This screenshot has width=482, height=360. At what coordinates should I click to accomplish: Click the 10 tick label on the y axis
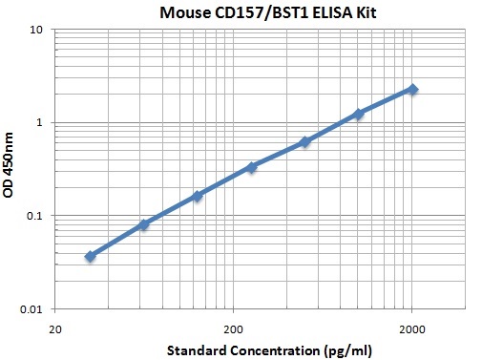click(x=37, y=30)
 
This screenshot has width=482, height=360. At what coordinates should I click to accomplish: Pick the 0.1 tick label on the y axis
click(x=34, y=216)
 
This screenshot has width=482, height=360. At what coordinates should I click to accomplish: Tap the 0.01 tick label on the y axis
click(x=31, y=309)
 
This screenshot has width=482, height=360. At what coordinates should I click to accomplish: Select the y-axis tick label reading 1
click(x=41, y=123)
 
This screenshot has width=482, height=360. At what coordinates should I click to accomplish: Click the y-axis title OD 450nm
click(x=12, y=169)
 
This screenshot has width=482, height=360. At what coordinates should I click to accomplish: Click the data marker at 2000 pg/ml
click(x=412, y=89)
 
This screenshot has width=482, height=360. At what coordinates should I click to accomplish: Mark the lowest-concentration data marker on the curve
click(x=91, y=256)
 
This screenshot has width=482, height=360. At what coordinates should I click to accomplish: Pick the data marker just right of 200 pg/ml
click(x=252, y=167)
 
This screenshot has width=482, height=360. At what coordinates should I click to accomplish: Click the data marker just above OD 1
click(x=359, y=114)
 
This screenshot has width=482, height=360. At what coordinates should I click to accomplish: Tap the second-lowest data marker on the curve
click(x=144, y=224)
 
